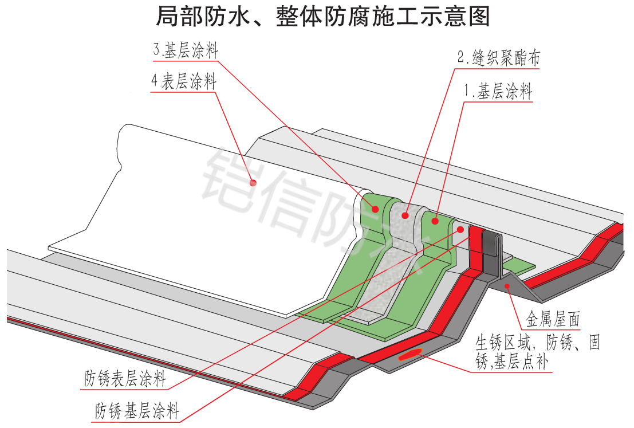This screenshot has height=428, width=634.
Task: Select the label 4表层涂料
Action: pos(183,83)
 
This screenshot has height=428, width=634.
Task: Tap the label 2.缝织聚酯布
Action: pos(499,58)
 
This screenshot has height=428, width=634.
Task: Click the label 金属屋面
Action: pos(552,319)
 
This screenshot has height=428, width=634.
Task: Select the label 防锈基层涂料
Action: pos(137,411)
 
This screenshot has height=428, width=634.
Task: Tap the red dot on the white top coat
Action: pos(253,182)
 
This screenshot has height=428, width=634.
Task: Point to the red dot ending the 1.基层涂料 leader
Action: pos(435,220)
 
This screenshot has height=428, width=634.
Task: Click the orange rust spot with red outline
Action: pos(411,354)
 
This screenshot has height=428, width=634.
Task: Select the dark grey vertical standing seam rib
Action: pos(491,252)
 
